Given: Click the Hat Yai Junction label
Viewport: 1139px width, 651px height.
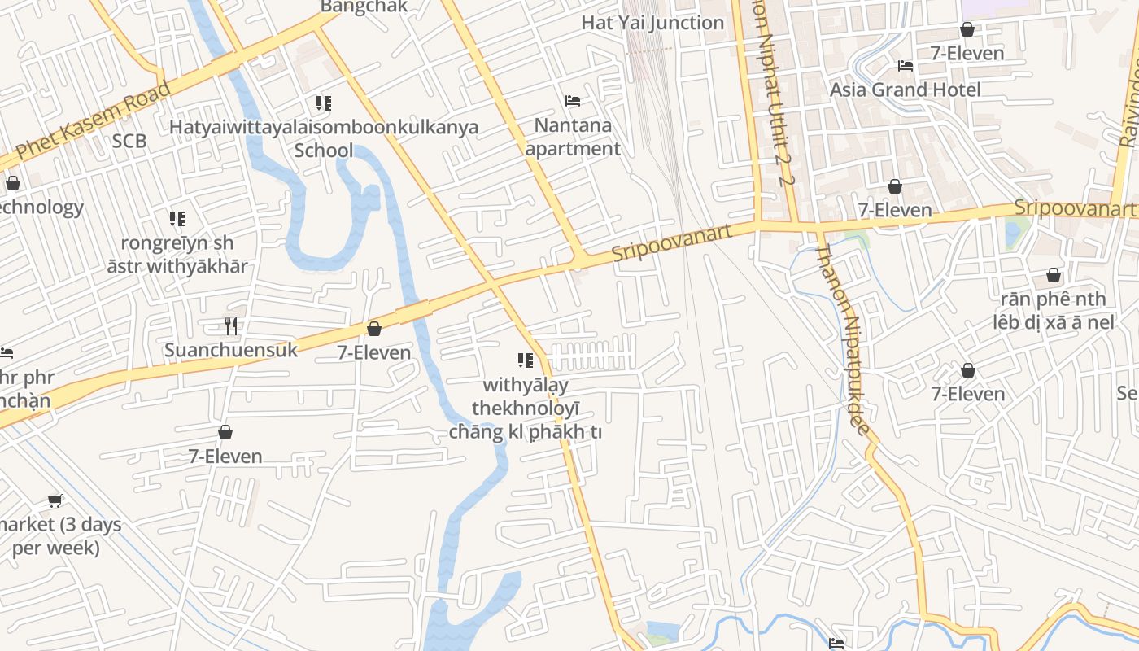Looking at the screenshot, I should click(x=652, y=23).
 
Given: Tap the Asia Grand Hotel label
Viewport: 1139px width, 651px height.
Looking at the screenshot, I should click(x=905, y=90).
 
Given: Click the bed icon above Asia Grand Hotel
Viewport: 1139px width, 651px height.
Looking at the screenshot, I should click(x=905, y=66).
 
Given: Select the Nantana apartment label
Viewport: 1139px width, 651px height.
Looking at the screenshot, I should click(x=573, y=138).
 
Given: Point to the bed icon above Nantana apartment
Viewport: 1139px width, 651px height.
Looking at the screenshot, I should click(x=573, y=101).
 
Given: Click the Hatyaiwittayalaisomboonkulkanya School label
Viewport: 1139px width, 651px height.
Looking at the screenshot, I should click(x=324, y=139).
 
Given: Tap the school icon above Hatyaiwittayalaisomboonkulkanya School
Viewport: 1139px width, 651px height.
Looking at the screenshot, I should click(x=324, y=103).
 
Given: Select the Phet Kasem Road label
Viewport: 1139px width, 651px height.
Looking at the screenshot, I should click(x=93, y=120).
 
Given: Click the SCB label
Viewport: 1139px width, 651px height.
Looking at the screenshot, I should click(x=129, y=142).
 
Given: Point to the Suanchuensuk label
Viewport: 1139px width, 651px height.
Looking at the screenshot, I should click(x=231, y=351).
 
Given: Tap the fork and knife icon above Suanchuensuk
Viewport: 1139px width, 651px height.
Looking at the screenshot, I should click(x=231, y=326).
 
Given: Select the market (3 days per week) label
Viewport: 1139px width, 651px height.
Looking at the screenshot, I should click(x=57, y=535).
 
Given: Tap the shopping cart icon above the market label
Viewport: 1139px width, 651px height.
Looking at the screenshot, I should click(x=55, y=500).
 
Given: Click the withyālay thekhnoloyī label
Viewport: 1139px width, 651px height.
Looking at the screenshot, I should click(x=526, y=409).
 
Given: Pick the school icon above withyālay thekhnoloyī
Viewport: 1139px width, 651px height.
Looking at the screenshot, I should click(x=526, y=360).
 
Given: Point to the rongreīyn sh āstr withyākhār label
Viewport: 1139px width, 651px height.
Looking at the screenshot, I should click(x=177, y=254).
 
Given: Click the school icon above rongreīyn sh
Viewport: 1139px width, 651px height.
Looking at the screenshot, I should click(x=177, y=218).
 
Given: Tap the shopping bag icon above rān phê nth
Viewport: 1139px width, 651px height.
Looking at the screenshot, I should click(x=1054, y=275).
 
